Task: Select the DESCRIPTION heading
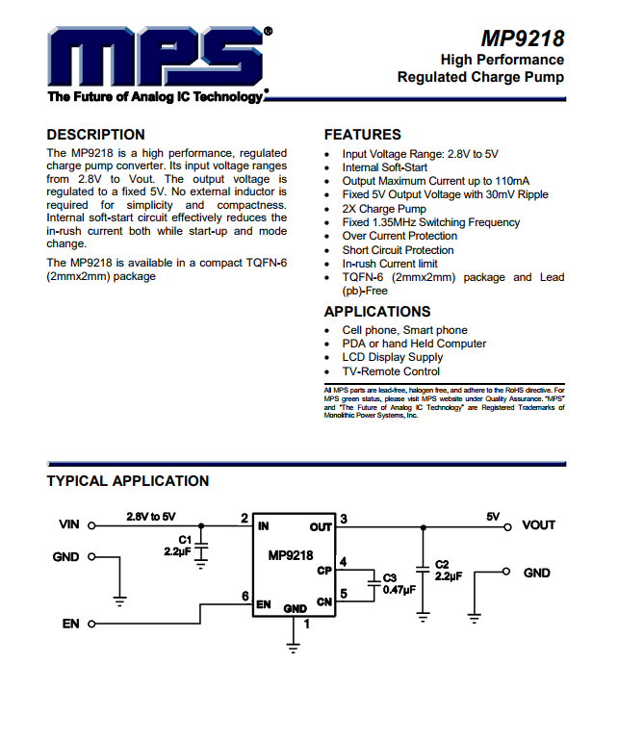click(x=95, y=135)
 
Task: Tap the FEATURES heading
click(x=362, y=135)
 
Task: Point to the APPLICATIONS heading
click(x=376, y=312)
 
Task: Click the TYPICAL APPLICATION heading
click(x=127, y=481)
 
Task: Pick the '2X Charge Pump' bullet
click(x=384, y=209)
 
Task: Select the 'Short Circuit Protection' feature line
click(x=398, y=250)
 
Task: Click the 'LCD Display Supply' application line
click(x=393, y=357)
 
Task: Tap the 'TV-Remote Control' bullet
click(x=391, y=371)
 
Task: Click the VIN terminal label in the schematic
click(x=69, y=525)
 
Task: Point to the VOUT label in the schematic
click(x=538, y=525)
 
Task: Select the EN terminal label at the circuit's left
click(x=70, y=625)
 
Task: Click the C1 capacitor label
click(x=185, y=540)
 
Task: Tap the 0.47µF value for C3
click(x=399, y=590)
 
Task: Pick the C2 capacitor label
click(x=442, y=565)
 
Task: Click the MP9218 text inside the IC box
click(x=290, y=556)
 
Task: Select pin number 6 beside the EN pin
click(x=245, y=597)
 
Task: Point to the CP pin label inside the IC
click(x=323, y=571)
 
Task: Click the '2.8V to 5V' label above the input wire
click(x=151, y=517)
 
